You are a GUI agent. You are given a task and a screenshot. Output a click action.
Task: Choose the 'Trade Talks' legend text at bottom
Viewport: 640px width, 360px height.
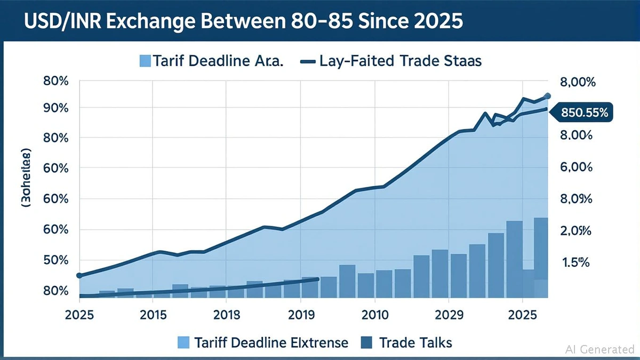[415, 342]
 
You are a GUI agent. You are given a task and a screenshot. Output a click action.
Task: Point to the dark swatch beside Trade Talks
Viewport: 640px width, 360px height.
[367, 342]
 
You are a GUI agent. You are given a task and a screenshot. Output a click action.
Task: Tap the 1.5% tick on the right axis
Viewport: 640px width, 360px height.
[575, 262]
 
